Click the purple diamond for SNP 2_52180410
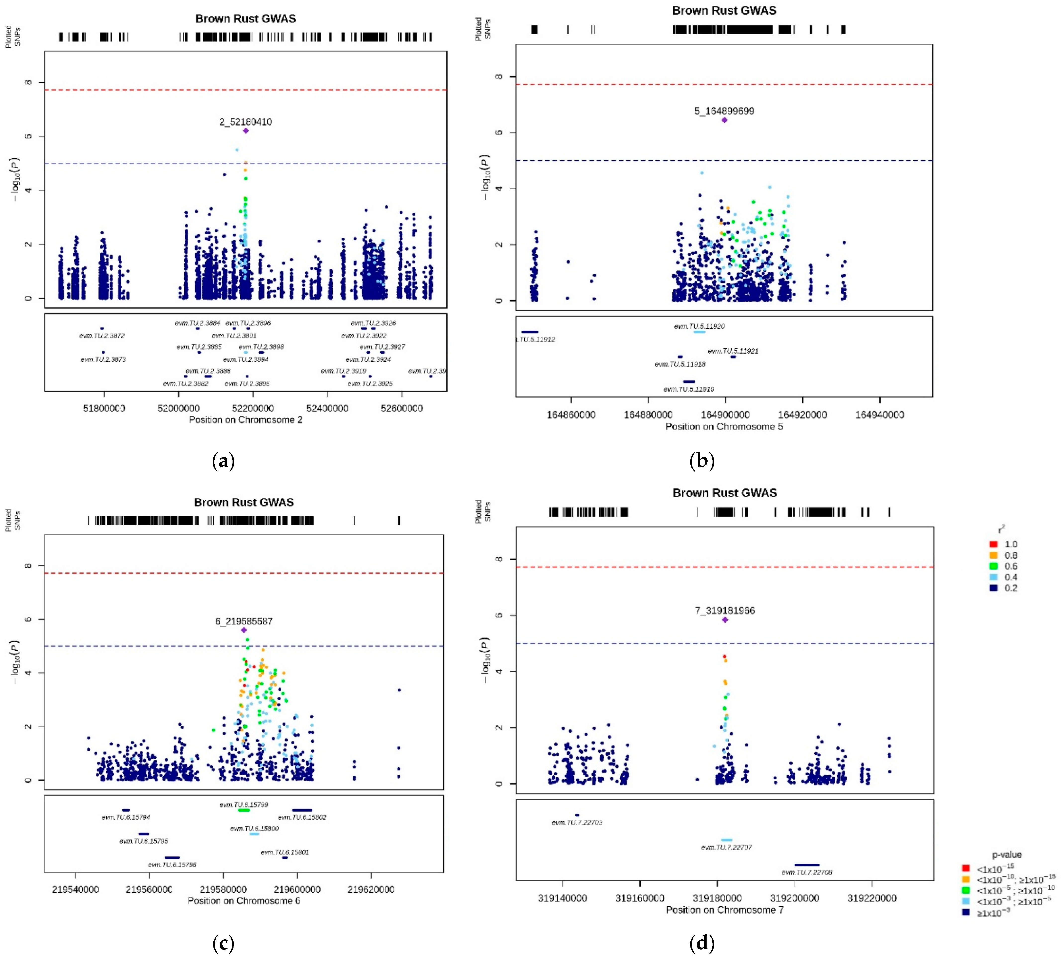coord(245,130)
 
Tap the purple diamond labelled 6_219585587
coord(244,630)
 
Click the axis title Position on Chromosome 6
coord(244,901)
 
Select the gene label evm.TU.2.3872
coord(102,335)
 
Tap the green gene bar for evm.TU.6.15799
coord(244,810)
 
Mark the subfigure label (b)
coord(702,461)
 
